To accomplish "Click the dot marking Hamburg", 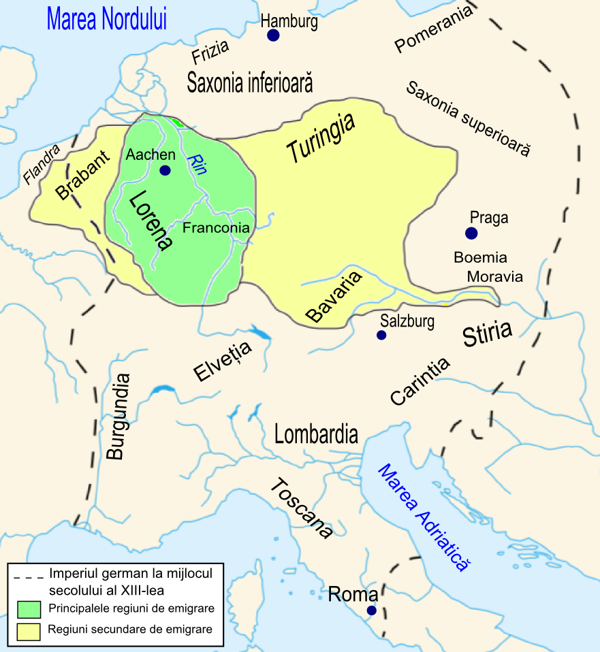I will pos(273,35).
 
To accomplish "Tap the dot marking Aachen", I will pos(165,170).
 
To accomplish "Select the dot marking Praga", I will pos(471,233).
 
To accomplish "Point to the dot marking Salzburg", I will pos(381,336).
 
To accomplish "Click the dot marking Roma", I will pos(371,610).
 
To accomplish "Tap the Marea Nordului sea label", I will pos(107,19).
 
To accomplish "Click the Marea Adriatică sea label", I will pos(424,517).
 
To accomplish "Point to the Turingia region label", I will pos(321,139).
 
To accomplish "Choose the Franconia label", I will pos(216,228).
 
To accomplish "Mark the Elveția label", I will pos(222,361).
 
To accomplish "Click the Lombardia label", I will pos(316,434).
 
